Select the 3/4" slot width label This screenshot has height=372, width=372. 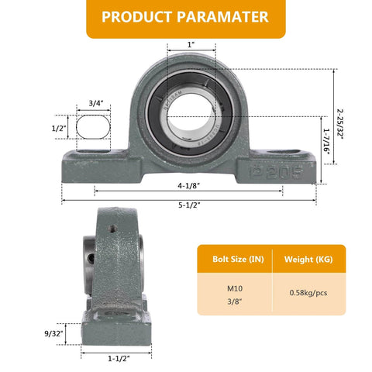pos(96,102)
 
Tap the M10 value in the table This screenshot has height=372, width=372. pos(234,288)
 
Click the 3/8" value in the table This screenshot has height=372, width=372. pos(234,301)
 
